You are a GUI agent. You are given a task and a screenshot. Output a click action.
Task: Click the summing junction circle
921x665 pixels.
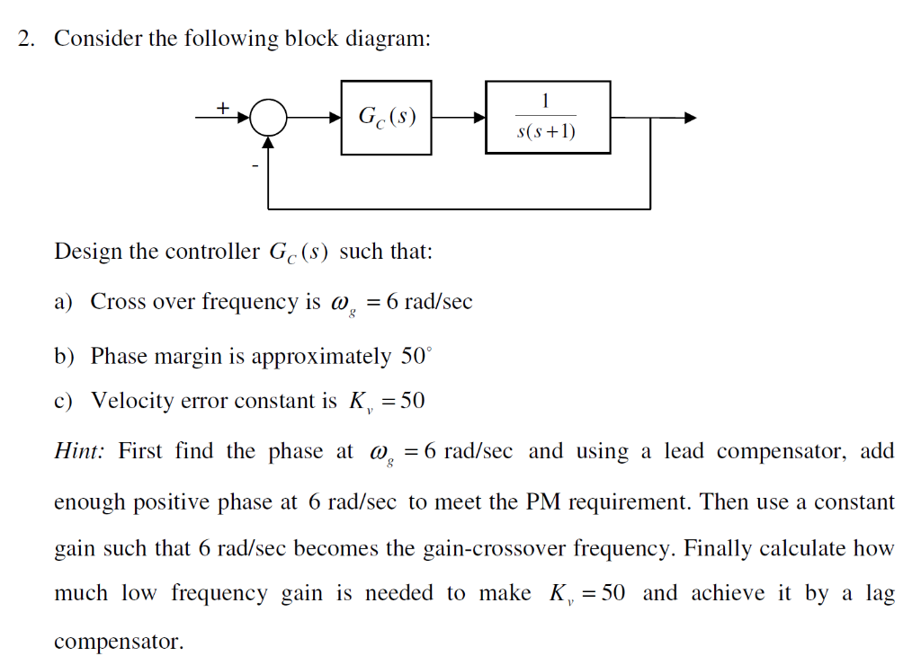point(268,118)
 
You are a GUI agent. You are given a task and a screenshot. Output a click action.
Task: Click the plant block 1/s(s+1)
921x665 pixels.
point(547,117)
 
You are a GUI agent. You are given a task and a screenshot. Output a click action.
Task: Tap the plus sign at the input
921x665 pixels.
point(222,107)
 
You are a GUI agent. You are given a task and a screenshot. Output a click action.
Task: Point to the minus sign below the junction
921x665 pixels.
point(255,165)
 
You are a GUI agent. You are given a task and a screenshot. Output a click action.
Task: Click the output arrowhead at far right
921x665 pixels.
point(690,118)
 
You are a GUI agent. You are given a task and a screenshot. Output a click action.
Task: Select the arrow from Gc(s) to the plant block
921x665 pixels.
point(459,118)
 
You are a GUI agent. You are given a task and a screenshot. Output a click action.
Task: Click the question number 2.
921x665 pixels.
point(26,40)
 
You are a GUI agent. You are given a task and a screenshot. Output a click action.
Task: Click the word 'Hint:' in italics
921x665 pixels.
point(80,451)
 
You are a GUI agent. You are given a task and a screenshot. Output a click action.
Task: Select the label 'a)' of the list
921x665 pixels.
point(64,302)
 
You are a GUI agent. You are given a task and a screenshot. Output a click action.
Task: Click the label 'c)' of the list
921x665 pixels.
point(64,401)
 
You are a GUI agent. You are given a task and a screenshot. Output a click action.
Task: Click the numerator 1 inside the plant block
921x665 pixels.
point(546,101)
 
